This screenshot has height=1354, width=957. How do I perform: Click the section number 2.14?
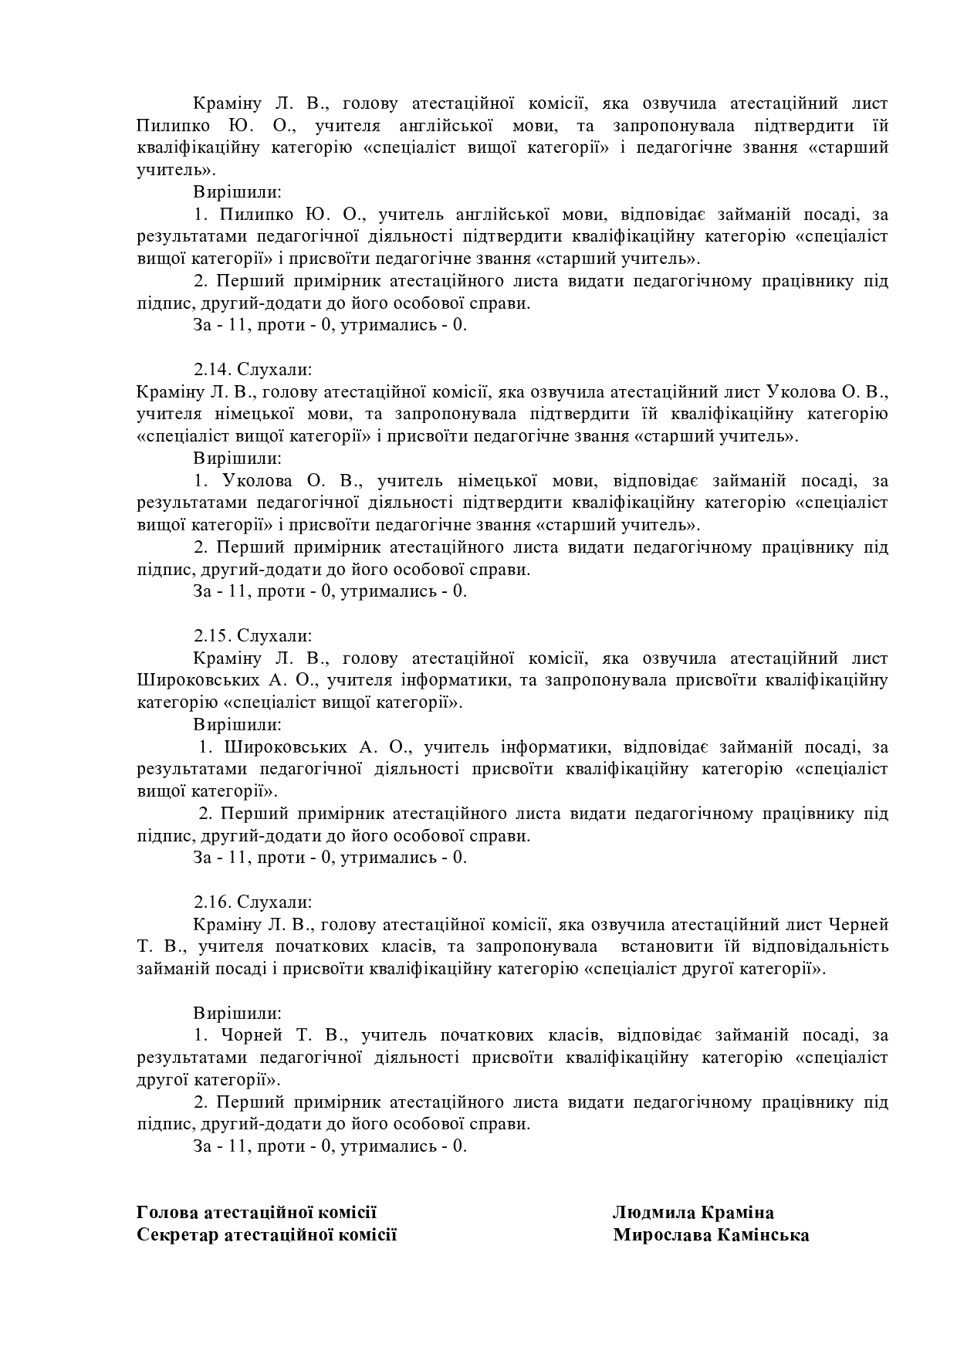tap(211, 370)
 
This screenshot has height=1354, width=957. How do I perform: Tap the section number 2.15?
tap(211, 636)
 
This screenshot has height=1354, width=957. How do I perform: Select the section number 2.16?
tap(211, 902)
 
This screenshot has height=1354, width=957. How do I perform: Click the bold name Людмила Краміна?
tap(693, 1213)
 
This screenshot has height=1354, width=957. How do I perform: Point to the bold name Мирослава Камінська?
tap(711, 1235)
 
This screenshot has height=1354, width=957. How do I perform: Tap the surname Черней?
tap(858, 925)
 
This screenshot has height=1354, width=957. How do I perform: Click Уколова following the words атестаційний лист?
tap(802, 392)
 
